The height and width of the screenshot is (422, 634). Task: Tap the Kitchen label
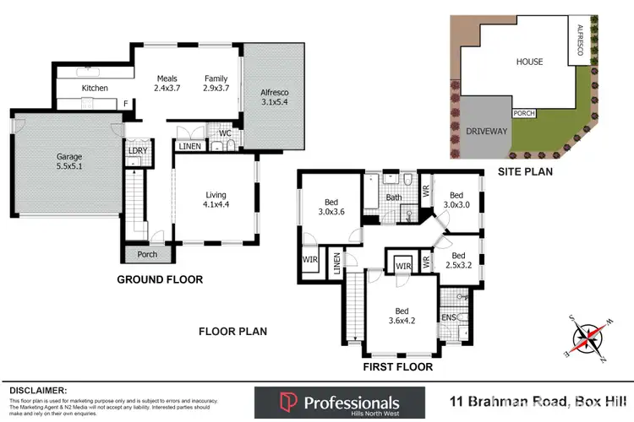[x=95, y=88]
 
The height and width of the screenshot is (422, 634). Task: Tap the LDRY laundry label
[x=137, y=151]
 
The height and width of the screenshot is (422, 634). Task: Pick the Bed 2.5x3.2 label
[x=458, y=261]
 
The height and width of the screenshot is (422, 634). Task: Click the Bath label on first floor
[x=395, y=199]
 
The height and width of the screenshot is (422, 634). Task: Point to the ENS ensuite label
[x=448, y=318]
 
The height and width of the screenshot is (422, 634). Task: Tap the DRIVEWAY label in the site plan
[x=485, y=131]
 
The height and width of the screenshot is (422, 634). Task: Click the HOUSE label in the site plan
[x=529, y=61]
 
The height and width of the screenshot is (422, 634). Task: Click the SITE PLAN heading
[x=524, y=171]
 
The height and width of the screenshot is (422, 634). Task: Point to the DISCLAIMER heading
[x=38, y=390]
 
